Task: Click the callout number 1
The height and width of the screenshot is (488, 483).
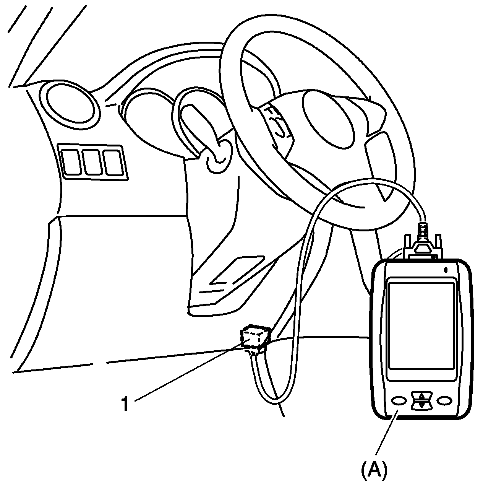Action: point(125,404)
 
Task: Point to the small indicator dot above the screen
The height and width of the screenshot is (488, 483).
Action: point(446,270)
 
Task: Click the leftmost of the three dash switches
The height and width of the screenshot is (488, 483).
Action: point(71,161)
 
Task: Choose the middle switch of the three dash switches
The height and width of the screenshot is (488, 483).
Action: point(92,161)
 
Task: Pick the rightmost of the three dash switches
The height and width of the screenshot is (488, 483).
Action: point(113,161)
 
